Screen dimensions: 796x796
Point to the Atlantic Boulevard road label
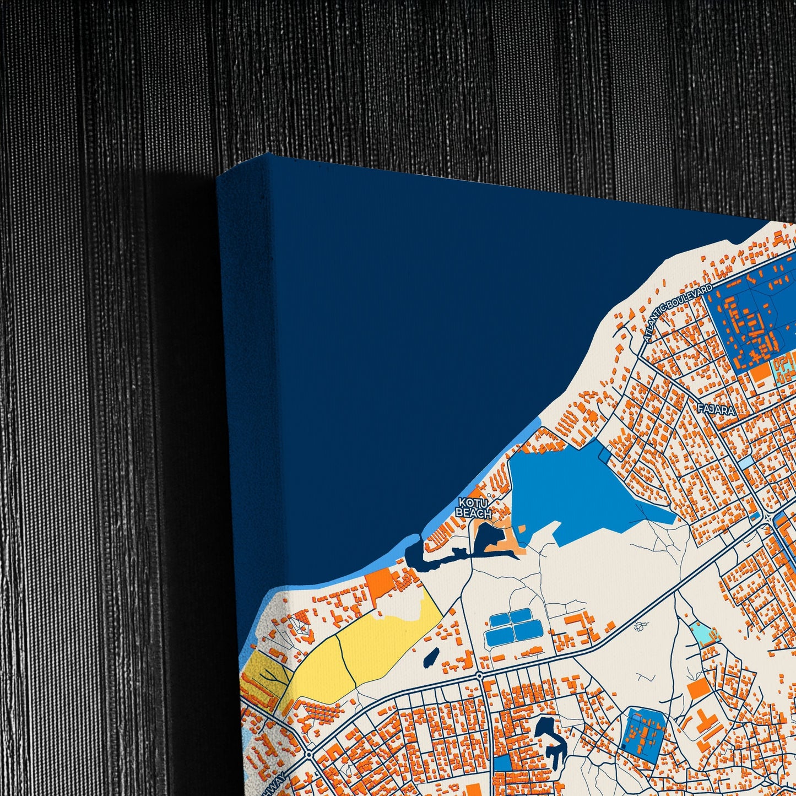coord(679,312)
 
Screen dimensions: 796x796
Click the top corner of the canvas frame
coord(268,155)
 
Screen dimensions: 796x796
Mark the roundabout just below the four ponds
coord(480,675)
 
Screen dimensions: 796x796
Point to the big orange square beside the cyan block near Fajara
coord(761,373)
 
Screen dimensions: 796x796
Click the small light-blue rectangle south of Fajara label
coord(745,463)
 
